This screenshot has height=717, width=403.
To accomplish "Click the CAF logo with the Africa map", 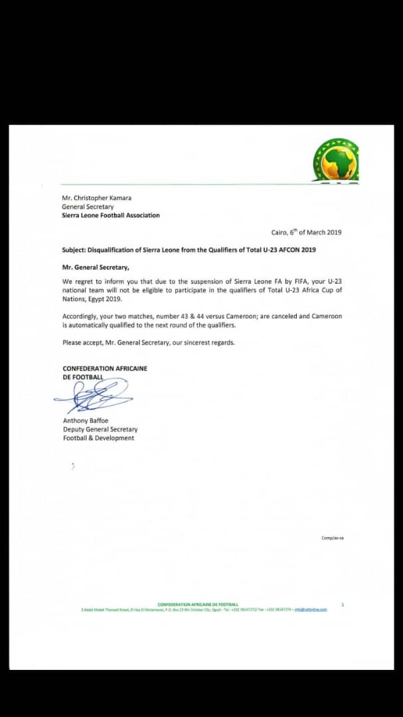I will (x=336, y=161).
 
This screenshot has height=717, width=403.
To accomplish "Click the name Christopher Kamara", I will (x=99, y=198).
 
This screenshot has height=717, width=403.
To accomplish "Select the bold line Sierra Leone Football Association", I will (x=111, y=215).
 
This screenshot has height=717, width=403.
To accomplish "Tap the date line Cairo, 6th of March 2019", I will (x=307, y=232).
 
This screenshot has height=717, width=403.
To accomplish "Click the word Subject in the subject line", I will (x=74, y=250).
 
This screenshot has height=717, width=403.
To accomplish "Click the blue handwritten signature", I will (x=93, y=397).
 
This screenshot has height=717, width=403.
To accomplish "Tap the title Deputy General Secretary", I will (x=100, y=430).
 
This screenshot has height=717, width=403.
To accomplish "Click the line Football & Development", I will (x=98, y=438).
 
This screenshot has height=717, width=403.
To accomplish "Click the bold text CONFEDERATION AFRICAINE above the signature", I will (x=105, y=368).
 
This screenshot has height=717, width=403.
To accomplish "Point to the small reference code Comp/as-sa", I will (x=333, y=538).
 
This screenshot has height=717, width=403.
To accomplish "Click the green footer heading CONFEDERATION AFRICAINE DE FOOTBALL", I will (x=198, y=604).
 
